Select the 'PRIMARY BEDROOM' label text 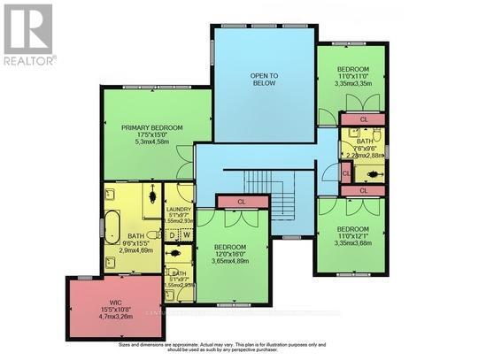[x=152, y=127]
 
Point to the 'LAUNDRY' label [x=179, y=209]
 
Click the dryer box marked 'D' [x=173, y=234]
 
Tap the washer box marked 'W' [x=187, y=234]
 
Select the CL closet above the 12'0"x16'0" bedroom [x=241, y=202]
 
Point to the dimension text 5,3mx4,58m [x=152, y=147]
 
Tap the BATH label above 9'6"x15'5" [x=135, y=236]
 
